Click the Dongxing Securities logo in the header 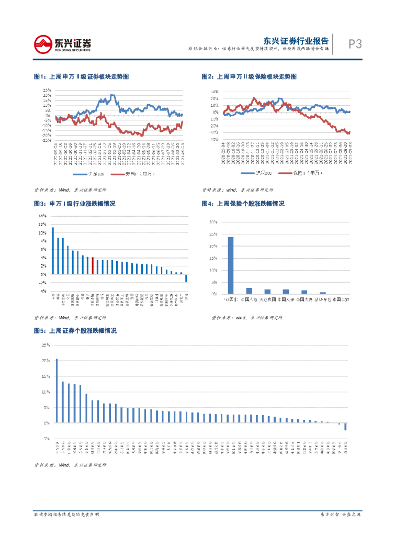pyautogui.click(x=62, y=44)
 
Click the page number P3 pyautogui.click(x=355, y=44)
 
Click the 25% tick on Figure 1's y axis pyautogui.click(x=47, y=90)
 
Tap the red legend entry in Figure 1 pyautogui.click(x=136, y=174)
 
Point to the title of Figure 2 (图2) pyautogui.click(x=249, y=77)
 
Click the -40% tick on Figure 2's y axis pyautogui.click(x=215, y=140)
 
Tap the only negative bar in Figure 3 pyautogui.click(x=186, y=278)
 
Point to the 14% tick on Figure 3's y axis pyautogui.click(x=42, y=216)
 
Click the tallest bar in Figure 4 pyautogui.click(x=231, y=265)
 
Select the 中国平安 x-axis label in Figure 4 pyautogui.click(x=341, y=299)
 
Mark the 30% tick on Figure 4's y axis pyautogui.click(x=213, y=222)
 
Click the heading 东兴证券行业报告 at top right pyautogui.click(x=296, y=41)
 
